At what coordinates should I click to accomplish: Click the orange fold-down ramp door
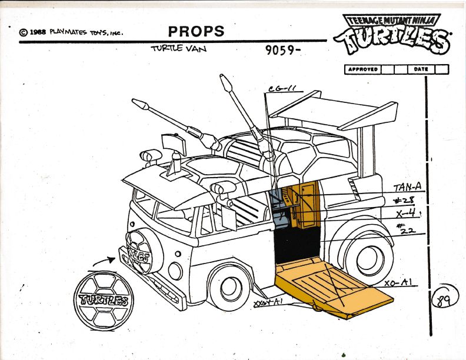[x=332, y=288]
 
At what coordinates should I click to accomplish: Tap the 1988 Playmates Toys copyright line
[x=71, y=32]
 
